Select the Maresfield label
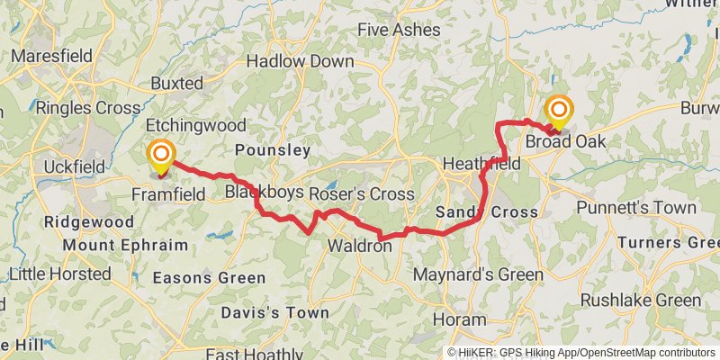53,56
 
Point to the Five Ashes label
399,30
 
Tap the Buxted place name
176,83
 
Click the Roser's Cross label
362,194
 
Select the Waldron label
359,246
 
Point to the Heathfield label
481,165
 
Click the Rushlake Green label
640,300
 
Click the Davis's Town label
275,312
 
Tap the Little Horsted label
61,273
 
